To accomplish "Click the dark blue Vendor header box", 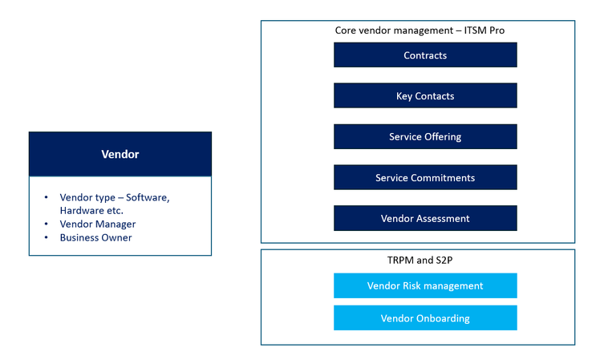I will coord(120,154).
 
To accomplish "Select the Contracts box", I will coord(425,55).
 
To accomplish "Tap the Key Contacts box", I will coord(425,96).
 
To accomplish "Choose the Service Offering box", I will coord(425,137).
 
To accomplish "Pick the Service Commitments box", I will coord(425,178).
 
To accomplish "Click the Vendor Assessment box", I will coord(425,219).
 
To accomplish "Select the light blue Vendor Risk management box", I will coord(425,286).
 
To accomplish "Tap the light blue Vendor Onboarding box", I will coord(425,318).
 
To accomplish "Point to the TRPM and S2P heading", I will coord(417,260).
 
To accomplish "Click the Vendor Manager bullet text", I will coord(97,224).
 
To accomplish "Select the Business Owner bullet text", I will coord(95,238).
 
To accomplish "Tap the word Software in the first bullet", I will coord(149,197).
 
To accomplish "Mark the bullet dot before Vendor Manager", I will coord(47,224).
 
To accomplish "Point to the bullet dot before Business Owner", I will coord(47,238).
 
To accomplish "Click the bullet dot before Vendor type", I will coord(47,197).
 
